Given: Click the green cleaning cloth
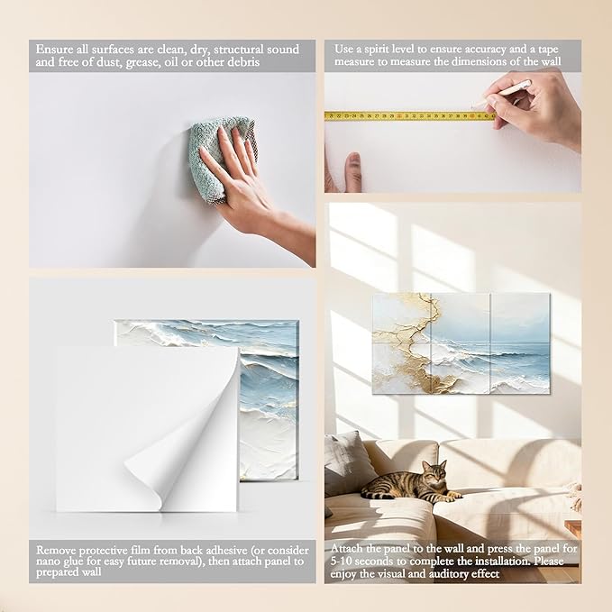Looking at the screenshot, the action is pos(218,156).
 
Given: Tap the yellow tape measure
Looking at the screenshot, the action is pos(410,116).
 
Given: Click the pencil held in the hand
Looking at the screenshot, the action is pos(504,93).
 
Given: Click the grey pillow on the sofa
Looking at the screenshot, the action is pos(347,463).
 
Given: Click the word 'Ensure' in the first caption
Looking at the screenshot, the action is pos(54,50).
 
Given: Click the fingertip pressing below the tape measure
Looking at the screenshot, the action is pos(354,162).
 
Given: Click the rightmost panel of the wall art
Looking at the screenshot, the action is pos(520,343).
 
